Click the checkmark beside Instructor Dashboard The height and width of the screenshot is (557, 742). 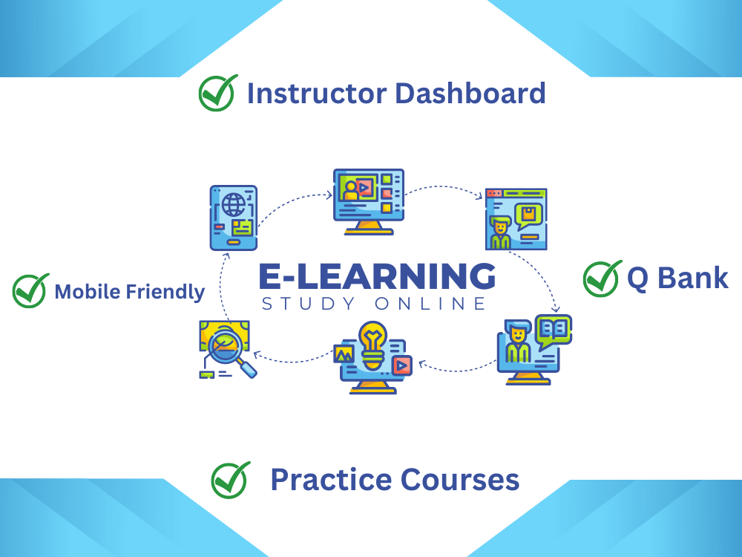pos(217,93)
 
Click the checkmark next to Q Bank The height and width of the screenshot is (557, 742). pos(602,278)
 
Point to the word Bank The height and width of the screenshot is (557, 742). pos(698,278)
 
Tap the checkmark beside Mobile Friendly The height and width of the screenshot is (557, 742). pos(30,290)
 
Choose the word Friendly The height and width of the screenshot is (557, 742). pos(164,292)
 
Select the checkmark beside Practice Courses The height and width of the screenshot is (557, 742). pos(230,479)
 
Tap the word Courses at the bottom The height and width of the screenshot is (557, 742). pos(460,479)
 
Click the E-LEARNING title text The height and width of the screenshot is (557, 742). pos(377,276)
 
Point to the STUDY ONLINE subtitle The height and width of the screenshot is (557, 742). pos(374,304)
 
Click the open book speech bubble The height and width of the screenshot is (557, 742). pos(554,330)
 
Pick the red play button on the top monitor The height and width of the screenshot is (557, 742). pos(364,188)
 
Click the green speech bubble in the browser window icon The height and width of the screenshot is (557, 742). pos(528,215)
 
